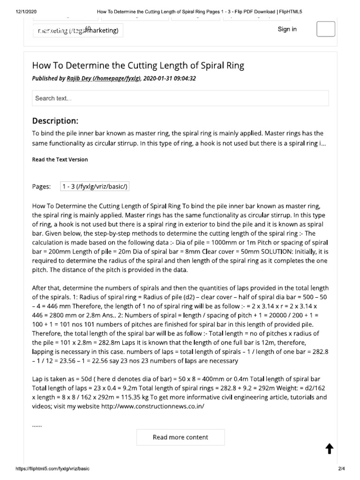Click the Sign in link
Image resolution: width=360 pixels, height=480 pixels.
click(287, 29)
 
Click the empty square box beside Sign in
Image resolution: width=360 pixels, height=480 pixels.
click(326, 29)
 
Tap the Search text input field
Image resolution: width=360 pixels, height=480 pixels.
click(180, 98)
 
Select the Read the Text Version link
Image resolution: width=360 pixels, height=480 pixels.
click(60, 159)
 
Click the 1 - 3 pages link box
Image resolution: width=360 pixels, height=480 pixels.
click(95, 187)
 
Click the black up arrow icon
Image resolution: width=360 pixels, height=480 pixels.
click(329, 449)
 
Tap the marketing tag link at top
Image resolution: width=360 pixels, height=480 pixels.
click(78, 31)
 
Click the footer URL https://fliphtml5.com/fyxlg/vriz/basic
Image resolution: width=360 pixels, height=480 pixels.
click(52, 468)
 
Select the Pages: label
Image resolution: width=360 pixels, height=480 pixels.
click(41, 187)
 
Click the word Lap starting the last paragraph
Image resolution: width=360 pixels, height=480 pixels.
click(37, 379)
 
